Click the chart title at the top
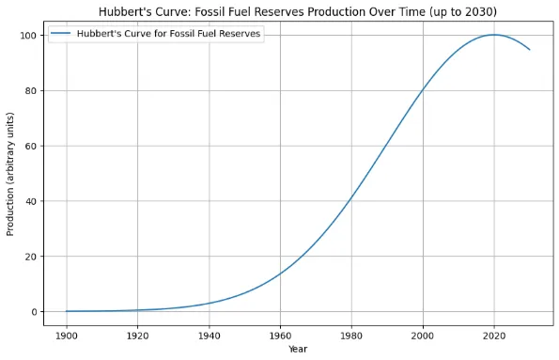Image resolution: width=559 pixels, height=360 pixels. click(298, 10)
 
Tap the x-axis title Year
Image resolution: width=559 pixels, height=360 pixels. click(298, 349)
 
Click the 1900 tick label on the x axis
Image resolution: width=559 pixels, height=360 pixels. click(66, 334)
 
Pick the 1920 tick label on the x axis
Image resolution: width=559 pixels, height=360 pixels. click(137, 334)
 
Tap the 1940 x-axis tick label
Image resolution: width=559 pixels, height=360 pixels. click(209, 334)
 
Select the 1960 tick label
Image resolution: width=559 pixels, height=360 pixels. click(280, 334)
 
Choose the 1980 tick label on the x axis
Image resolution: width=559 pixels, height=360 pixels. click(351, 334)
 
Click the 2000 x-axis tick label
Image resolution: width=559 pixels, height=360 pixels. click(423, 334)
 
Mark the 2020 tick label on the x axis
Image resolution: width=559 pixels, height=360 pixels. click(494, 334)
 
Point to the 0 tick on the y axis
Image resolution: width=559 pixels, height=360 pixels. click(33, 312)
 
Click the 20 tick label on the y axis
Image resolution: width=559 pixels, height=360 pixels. click(30, 257)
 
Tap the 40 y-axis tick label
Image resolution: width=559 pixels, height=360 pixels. click(30, 201)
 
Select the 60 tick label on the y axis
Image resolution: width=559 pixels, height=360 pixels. click(30, 146)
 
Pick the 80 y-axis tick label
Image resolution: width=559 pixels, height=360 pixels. click(30, 91)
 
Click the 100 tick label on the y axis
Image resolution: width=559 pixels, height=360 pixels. click(27, 36)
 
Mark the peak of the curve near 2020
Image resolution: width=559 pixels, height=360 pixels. click(494, 35)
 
